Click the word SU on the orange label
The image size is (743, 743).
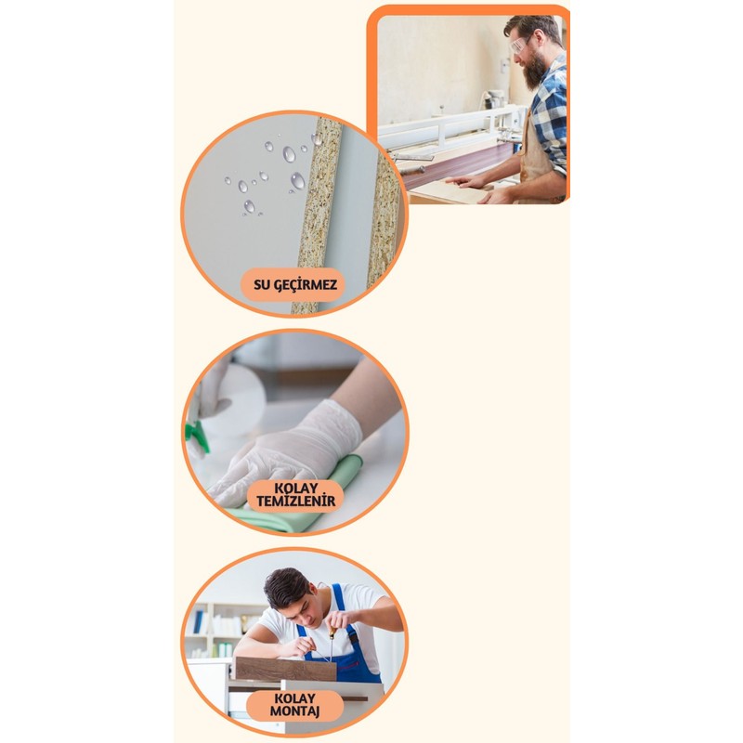[261, 285]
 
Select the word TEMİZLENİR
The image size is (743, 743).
[295, 501]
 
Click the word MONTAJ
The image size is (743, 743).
[294, 710]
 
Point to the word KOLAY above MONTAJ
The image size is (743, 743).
[294, 698]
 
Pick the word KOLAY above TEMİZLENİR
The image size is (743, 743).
[296, 489]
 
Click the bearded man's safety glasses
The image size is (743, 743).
[520, 45]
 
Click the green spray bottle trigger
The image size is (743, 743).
[198, 434]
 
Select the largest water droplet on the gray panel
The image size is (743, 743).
[297, 181]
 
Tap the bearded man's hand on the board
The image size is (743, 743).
[467, 181]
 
